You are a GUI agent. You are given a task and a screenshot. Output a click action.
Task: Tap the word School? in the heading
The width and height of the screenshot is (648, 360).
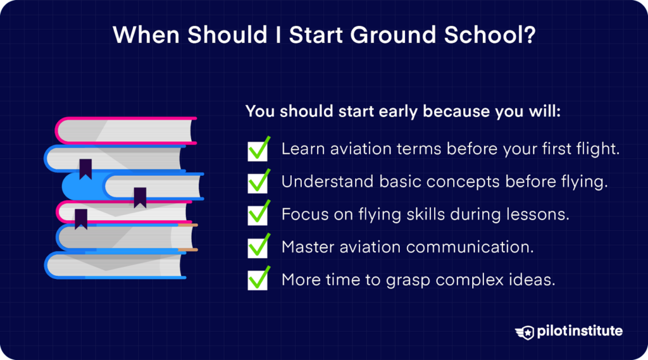pyautogui.click(x=494, y=35)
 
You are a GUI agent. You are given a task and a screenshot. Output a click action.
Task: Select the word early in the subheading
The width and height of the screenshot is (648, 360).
pyautogui.click(x=394, y=111)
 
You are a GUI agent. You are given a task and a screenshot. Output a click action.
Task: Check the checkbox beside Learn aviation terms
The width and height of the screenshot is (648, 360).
pyautogui.click(x=258, y=150)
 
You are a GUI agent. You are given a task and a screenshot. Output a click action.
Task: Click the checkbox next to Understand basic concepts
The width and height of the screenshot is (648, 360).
pyautogui.click(x=258, y=182)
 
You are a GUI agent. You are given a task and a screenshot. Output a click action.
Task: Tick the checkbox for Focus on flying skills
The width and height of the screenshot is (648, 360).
pyautogui.click(x=258, y=214)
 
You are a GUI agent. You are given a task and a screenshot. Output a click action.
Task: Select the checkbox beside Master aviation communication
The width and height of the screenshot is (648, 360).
pyautogui.click(x=258, y=247)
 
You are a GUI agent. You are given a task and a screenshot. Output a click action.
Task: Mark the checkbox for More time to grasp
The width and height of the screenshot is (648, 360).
pyautogui.click(x=258, y=279)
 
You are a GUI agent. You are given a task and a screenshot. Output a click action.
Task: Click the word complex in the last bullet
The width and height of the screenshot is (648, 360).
pyautogui.click(x=488, y=279)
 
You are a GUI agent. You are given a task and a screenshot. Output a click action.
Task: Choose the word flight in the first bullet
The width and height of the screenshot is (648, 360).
pyautogui.click(x=594, y=150)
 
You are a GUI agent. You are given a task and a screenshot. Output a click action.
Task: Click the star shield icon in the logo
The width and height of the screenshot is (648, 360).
pyautogui.click(x=524, y=332)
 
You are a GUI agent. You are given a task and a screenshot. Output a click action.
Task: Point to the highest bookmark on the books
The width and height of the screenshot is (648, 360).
pyautogui.click(x=85, y=168)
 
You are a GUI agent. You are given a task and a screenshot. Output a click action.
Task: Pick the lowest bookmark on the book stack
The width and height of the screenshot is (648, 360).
pyautogui.click(x=81, y=218)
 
